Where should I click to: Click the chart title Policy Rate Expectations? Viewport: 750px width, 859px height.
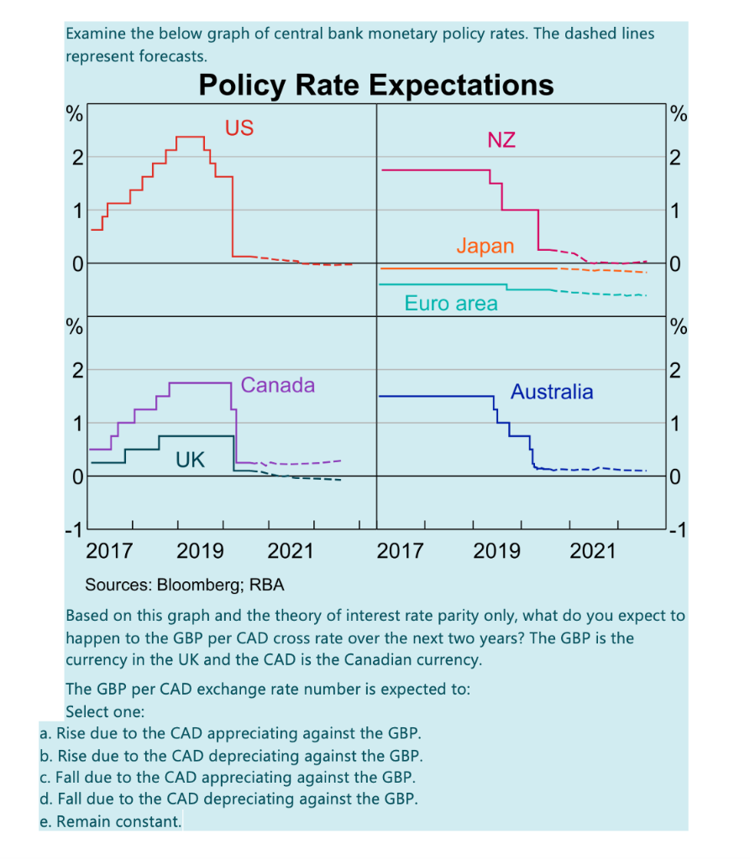[375, 86]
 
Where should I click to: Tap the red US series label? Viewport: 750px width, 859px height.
[239, 128]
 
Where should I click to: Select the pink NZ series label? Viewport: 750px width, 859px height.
[501, 140]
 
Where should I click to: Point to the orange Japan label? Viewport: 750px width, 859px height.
[485, 246]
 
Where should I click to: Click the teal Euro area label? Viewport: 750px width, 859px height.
[451, 304]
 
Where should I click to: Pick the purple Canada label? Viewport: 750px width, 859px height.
[278, 385]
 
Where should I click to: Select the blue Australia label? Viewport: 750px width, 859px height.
[552, 392]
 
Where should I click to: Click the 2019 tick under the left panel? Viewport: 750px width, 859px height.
[200, 551]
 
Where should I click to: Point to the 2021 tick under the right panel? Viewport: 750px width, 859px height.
[593, 551]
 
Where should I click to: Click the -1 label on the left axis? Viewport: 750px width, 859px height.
[74, 529]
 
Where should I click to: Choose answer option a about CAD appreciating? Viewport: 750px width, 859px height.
[231, 733]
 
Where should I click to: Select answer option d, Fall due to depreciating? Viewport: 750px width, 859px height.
[228, 799]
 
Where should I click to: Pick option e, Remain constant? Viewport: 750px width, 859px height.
[111, 821]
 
